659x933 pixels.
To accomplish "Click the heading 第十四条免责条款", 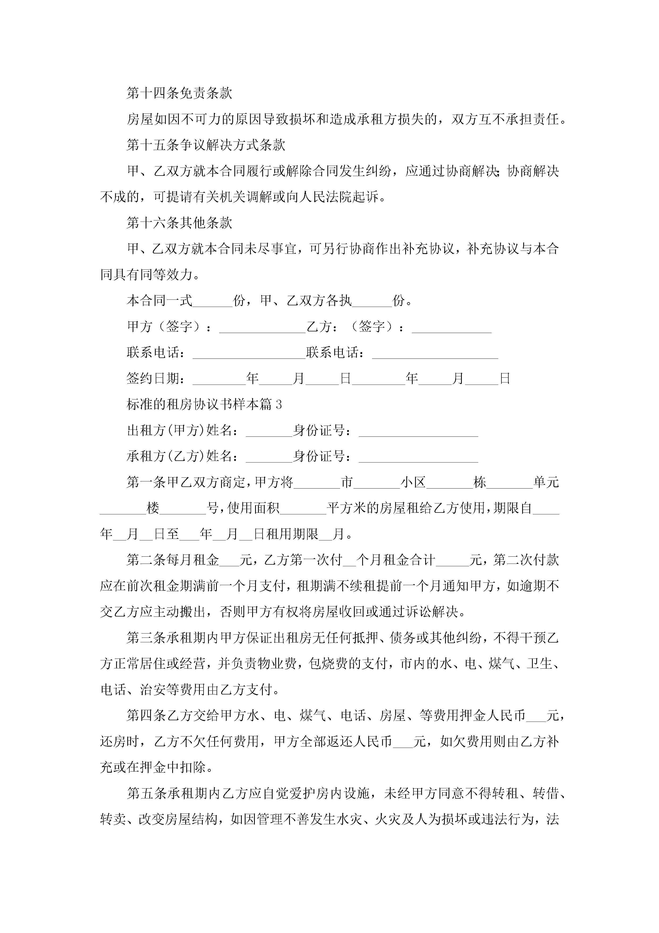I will click(179, 93).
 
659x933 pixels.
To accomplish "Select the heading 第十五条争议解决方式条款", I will click(206, 145).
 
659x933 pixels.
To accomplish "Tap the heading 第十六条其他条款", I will click(179, 223).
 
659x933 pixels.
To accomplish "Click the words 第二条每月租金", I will click(172, 560).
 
